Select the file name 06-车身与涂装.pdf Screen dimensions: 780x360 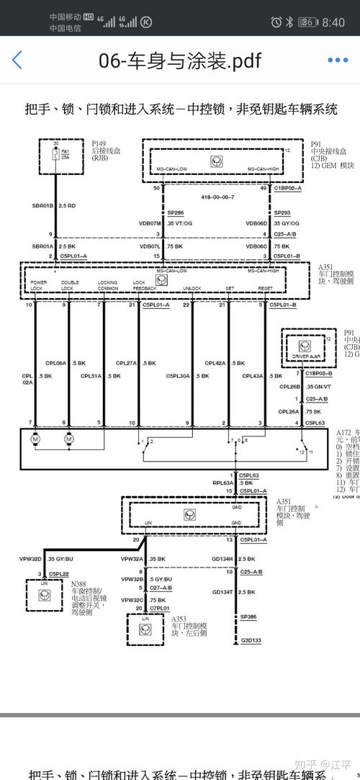pos(179,60)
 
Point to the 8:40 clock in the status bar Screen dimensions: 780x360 pos(333,22)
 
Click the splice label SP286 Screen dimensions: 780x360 pos(175,214)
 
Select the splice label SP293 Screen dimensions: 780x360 pos(282,214)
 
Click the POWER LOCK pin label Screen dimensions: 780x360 pos(38,285)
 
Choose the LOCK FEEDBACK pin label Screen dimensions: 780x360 pos(144,285)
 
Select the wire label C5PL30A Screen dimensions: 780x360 pos(177,375)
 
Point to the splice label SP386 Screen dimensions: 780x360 pos(248,617)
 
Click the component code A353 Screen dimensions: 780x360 pos(180,618)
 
